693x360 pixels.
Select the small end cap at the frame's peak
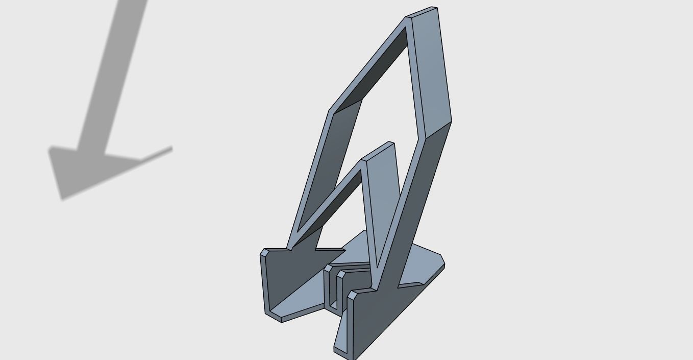[422, 12]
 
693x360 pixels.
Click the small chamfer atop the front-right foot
[352, 295]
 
